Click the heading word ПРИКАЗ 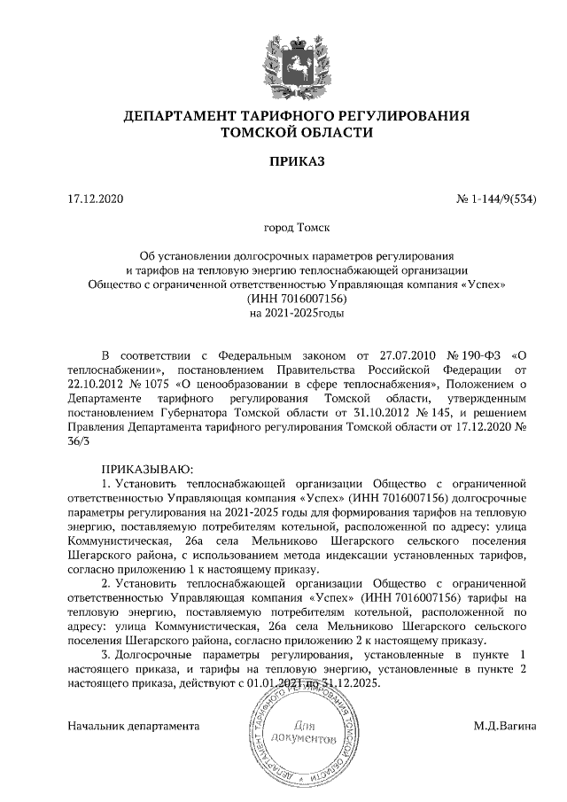[298, 162]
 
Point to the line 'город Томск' [298, 227]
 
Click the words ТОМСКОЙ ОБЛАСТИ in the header [298, 132]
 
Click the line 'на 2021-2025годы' [298, 313]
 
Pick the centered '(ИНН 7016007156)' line [298, 299]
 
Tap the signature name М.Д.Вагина [505, 727]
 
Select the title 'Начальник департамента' [134, 727]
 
